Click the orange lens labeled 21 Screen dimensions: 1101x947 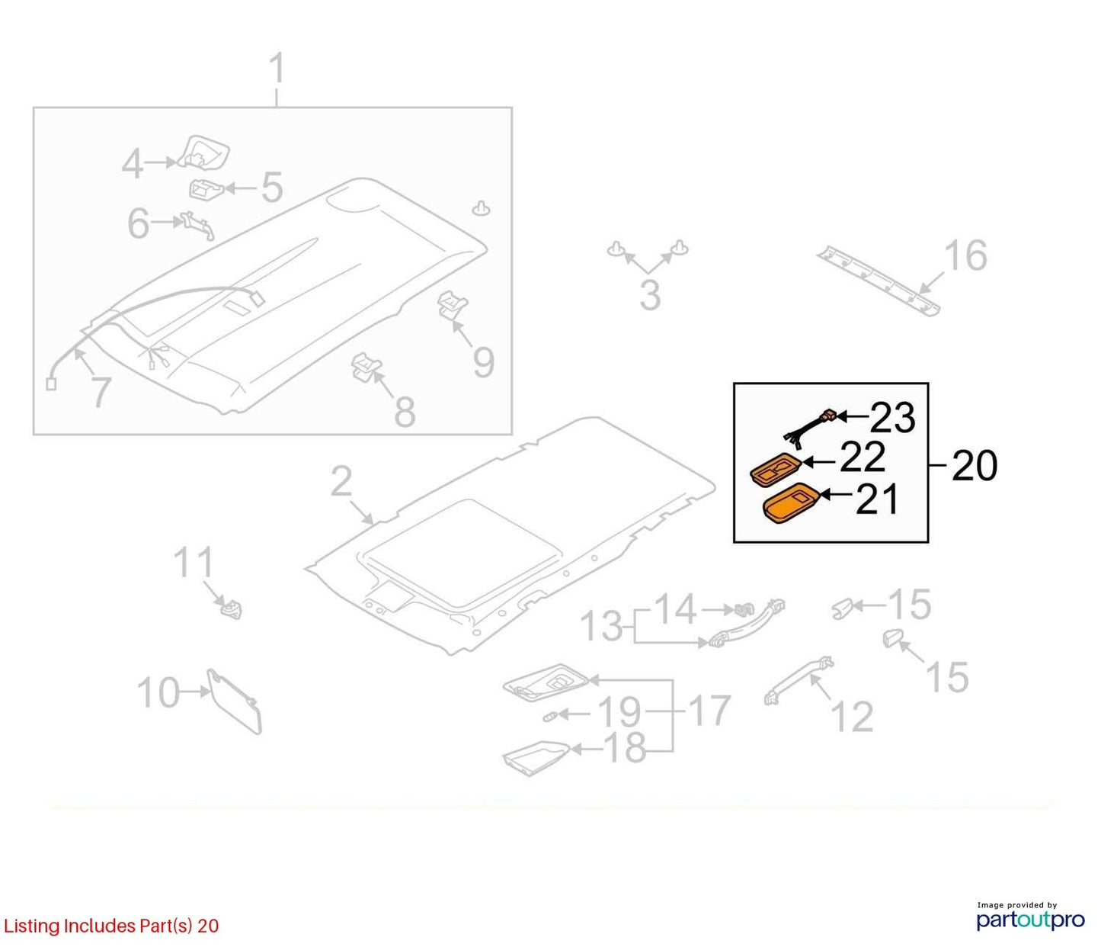pos(790,503)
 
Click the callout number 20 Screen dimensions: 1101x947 pos(975,466)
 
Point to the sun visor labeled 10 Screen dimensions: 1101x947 pos(235,701)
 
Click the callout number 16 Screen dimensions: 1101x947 pos(965,256)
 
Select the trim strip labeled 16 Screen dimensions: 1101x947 pos(879,281)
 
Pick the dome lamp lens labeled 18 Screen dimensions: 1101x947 pos(537,757)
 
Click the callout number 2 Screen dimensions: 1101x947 pos(341,482)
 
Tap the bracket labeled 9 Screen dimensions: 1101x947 pos(453,305)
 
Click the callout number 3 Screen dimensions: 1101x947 pos(650,295)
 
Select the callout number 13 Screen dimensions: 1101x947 pos(601,626)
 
